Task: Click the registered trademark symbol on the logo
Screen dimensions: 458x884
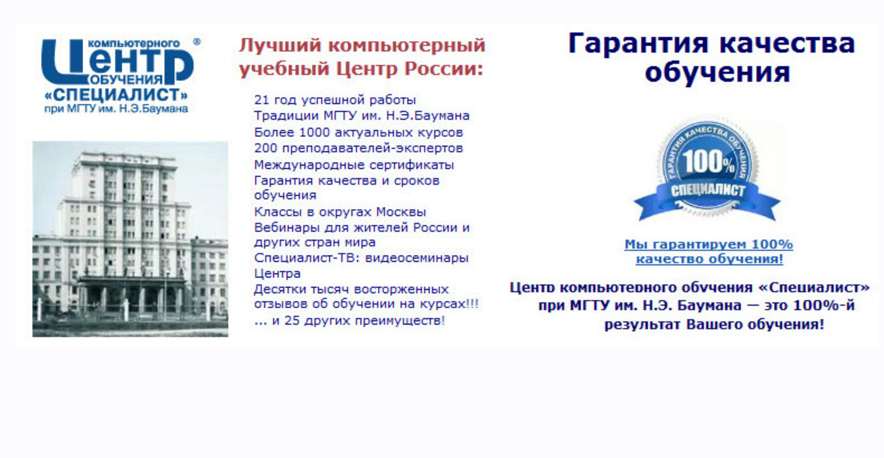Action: click(x=197, y=42)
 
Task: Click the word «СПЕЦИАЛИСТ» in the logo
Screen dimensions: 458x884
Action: click(x=116, y=95)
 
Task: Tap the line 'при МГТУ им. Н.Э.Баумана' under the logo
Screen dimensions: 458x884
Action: click(x=116, y=109)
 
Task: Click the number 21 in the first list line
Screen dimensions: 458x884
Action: click(x=261, y=100)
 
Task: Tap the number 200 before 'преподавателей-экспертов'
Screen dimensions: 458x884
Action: click(x=266, y=148)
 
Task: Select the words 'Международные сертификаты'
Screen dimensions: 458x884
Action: click(x=354, y=165)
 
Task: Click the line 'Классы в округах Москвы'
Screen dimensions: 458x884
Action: click(x=340, y=212)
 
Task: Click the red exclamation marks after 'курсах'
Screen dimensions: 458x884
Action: click(x=473, y=304)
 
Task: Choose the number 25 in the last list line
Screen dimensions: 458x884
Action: click(x=292, y=321)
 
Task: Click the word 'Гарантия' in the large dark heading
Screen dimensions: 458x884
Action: click(x=638, y=44)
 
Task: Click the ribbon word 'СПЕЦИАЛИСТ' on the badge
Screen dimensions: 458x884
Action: click(x=707, y=190)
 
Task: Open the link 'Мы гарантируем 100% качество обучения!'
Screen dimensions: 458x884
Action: click(x=709, y=251)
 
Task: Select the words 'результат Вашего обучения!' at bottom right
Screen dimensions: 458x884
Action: click(x=714, y=325)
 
